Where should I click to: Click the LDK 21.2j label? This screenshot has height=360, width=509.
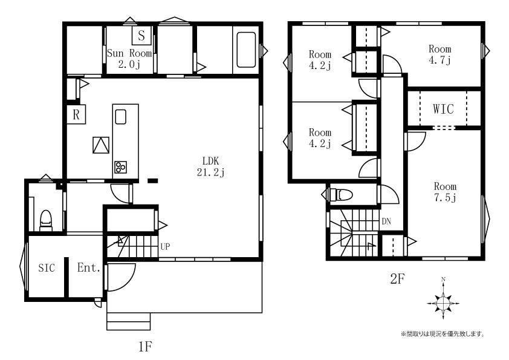211,166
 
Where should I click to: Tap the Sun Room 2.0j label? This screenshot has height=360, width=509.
129,59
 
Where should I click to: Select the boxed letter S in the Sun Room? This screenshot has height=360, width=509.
141,36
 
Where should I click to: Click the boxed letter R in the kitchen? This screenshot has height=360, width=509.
76,114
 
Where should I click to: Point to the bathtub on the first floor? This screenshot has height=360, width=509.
246,50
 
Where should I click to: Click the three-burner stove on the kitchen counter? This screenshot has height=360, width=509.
120,167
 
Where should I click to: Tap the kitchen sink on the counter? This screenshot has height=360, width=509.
120,117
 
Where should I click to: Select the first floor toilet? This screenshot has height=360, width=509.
46,220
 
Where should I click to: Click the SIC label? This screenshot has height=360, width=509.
47,267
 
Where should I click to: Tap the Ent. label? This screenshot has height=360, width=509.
89,267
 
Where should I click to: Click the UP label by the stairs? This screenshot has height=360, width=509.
165,247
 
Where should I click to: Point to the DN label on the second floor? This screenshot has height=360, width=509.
386,221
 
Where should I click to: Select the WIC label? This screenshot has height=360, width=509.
443,109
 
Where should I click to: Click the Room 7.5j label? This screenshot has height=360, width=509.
445,192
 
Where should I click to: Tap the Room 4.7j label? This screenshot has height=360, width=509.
440,54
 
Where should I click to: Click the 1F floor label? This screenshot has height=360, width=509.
145,347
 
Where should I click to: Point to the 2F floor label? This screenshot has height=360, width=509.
397,279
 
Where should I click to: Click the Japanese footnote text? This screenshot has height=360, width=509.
443,334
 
